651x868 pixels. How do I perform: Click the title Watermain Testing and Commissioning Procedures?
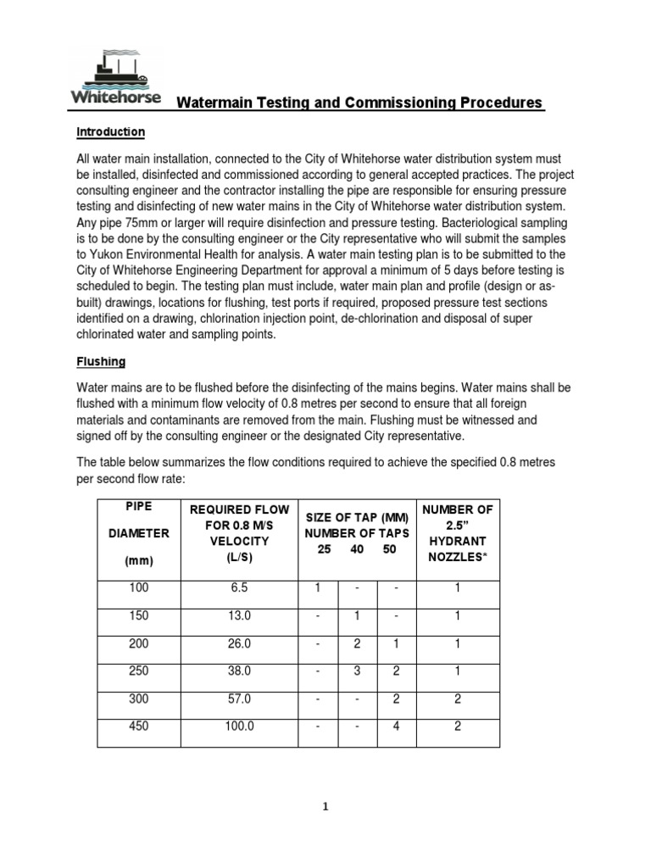(359, 103)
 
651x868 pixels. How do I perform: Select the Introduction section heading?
(110, 133)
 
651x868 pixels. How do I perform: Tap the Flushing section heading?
(101, 362)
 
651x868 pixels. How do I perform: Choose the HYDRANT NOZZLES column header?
(457, 533)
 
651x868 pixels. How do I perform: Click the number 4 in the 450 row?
(395, 726)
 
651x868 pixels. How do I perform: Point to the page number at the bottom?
(325, 808)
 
